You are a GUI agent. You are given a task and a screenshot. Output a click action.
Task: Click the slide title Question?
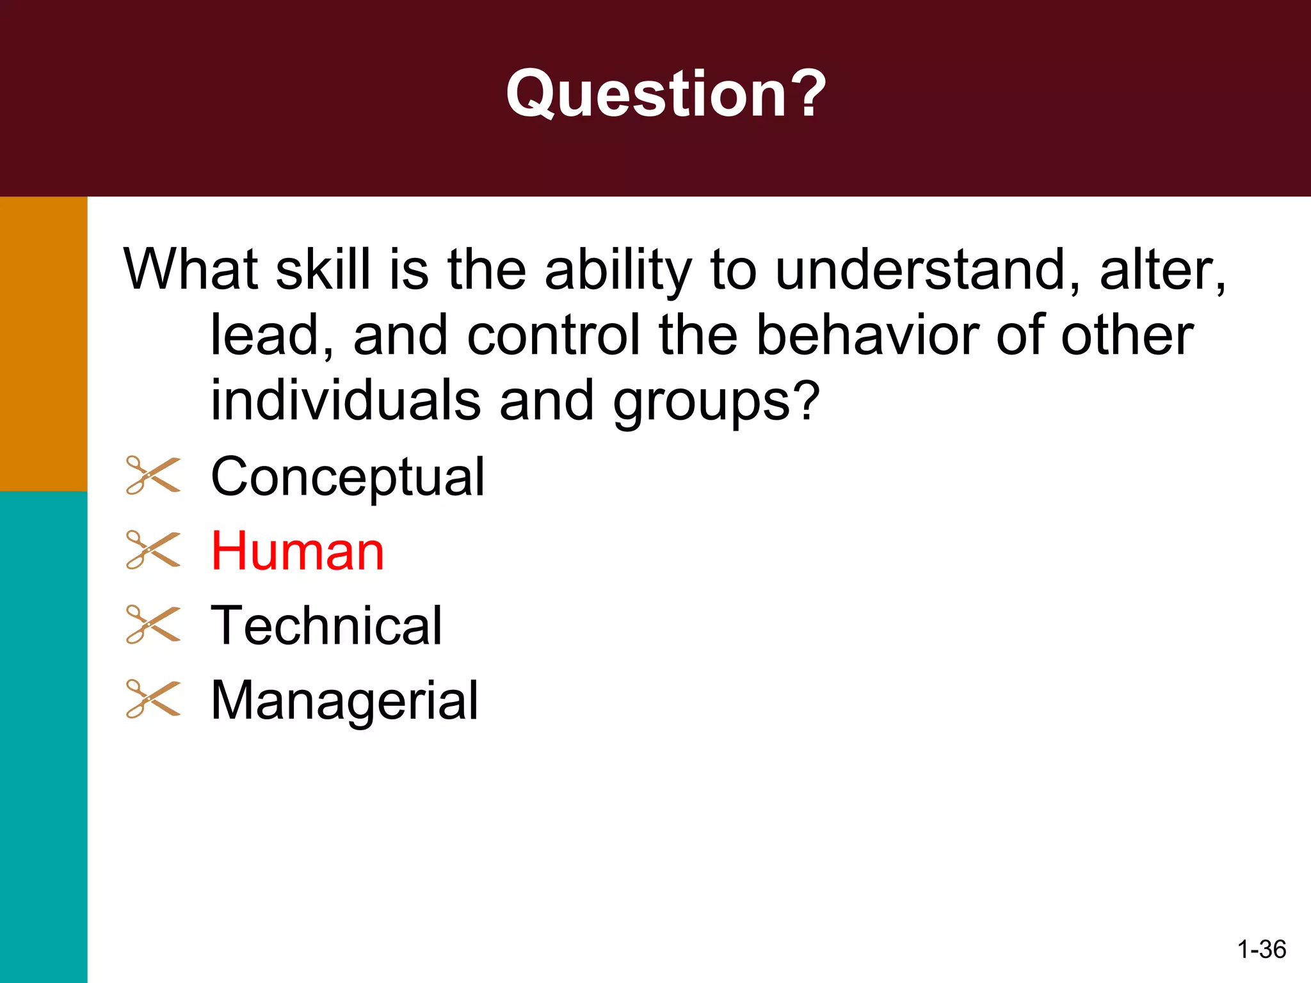[x=666, y=95]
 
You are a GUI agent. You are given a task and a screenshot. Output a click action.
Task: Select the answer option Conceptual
[x=348, y=477]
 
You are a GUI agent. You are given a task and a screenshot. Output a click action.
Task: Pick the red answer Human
[x=298, y=551]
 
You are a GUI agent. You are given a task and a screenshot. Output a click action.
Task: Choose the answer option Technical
[x=326, y=625]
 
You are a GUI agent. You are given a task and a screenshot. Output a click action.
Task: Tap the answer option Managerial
[x=344, y=701]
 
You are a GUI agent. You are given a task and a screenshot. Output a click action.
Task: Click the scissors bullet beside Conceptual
[x=153, y=476]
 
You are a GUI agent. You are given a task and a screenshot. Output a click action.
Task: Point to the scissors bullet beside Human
[x=153, y=550]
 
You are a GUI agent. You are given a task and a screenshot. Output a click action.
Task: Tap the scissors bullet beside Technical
[x=153, y=624]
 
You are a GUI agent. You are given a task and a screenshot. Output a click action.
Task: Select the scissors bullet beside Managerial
[x=153, y=699]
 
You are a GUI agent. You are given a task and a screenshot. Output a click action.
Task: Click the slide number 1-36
[x=1261, y=949]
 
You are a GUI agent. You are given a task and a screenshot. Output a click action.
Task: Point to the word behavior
[x=867, y=335]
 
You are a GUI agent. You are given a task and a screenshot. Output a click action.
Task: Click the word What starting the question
[x=191, y=270]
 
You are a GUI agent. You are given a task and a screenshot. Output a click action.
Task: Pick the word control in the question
[x=554, y=335]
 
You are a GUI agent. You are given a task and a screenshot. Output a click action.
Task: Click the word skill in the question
[x=323, y=270]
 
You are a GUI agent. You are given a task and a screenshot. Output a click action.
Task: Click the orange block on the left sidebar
[x=44, y=344]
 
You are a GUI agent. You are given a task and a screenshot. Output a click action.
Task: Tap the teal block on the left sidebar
[x=44, y=736]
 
